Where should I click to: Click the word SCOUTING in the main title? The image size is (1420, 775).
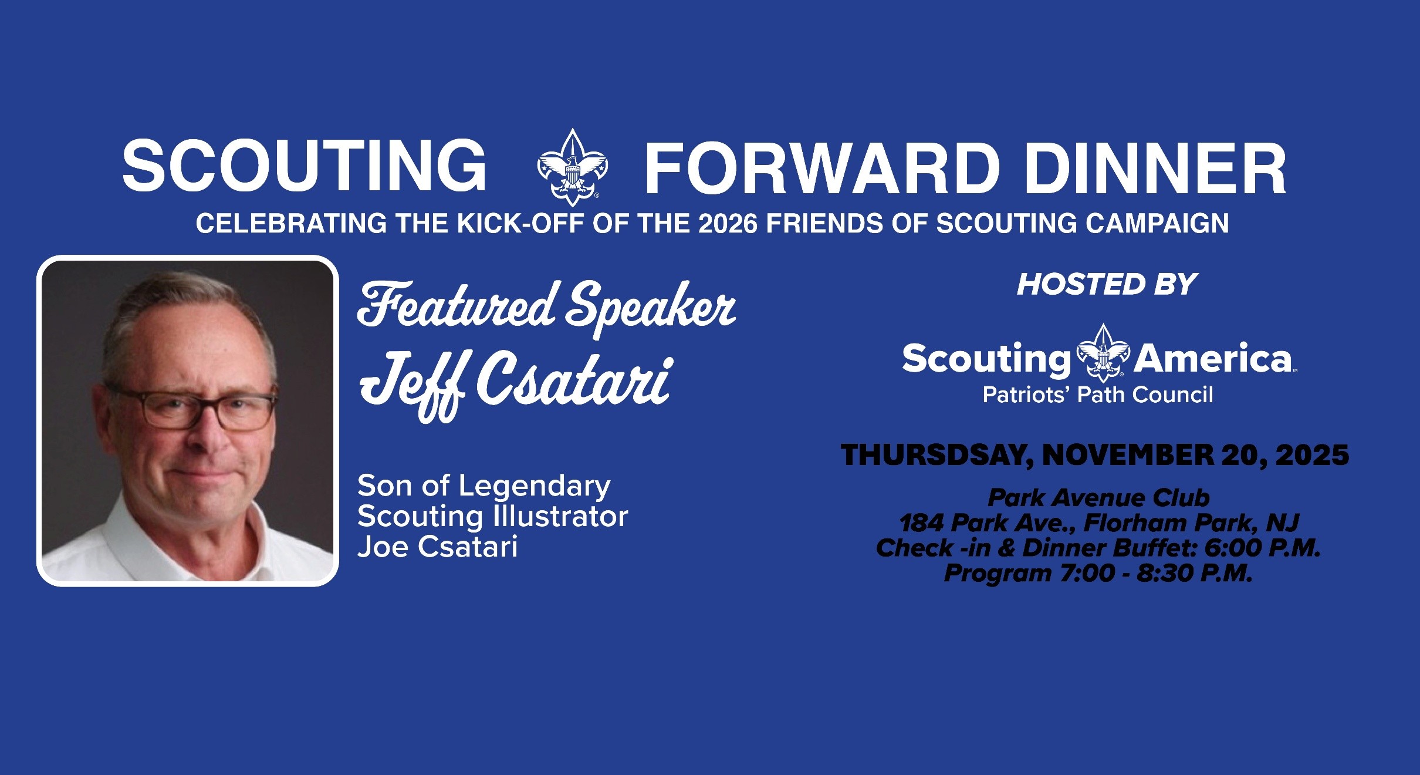click(304, 167)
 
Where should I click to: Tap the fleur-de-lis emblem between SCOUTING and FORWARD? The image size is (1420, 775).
click(573, 167)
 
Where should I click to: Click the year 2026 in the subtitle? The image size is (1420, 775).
click(728, 224)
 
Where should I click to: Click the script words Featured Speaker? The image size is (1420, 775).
click(547, 308)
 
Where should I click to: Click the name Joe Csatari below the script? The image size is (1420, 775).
click(438, 547)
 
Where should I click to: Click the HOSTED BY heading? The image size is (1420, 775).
click(1107, 285)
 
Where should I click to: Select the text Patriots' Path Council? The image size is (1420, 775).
click(1098, 395)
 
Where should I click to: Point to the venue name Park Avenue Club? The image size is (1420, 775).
click(1098, 498)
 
